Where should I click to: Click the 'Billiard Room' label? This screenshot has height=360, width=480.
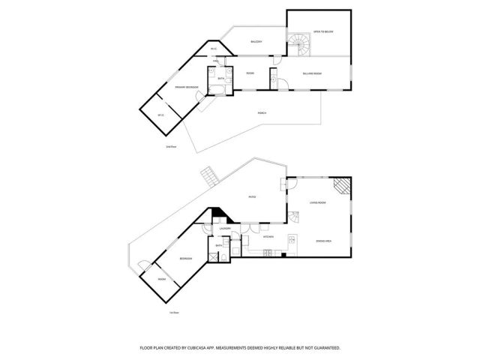click(x=313, y=73)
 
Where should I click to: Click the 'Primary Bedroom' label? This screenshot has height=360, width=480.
click(x=186, y=88)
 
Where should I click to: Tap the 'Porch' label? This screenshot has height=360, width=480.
click(x=262, y=112)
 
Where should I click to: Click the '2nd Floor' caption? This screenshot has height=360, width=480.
click(x=171, y=147)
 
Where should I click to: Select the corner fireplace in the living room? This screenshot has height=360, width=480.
click(x=343, y=186)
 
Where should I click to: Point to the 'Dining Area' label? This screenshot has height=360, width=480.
click(x=324, y=241)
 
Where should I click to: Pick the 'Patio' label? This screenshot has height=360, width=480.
click(x=253, y=197)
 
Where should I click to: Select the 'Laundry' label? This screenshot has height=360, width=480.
click(x=224, y=227)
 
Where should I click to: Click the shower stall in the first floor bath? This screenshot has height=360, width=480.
click(x=223, y=256)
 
